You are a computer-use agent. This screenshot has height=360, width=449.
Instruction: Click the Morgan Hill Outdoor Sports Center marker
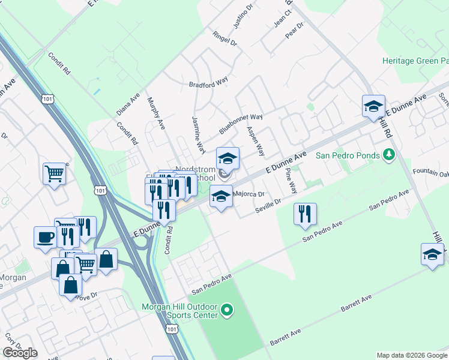(x=226, y=310)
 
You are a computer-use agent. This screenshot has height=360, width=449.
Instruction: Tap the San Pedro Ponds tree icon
(x=388, y=155)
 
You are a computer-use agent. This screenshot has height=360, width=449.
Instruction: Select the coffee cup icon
(x=45, y=237)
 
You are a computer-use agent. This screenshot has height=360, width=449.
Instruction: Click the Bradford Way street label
(x=209, y=85)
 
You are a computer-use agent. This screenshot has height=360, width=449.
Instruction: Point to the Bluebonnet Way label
(x=241, y=124)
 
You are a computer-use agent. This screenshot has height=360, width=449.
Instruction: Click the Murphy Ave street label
(x=155, y=112)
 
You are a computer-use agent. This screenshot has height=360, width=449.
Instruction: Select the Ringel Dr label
(x=225, y=40)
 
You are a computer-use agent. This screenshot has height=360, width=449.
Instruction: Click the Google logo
(x=20, y=353)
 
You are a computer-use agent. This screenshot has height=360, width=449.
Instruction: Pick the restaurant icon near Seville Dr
(x=305, y=213)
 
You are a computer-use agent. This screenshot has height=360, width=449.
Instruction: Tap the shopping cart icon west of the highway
(x=54, y=173)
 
